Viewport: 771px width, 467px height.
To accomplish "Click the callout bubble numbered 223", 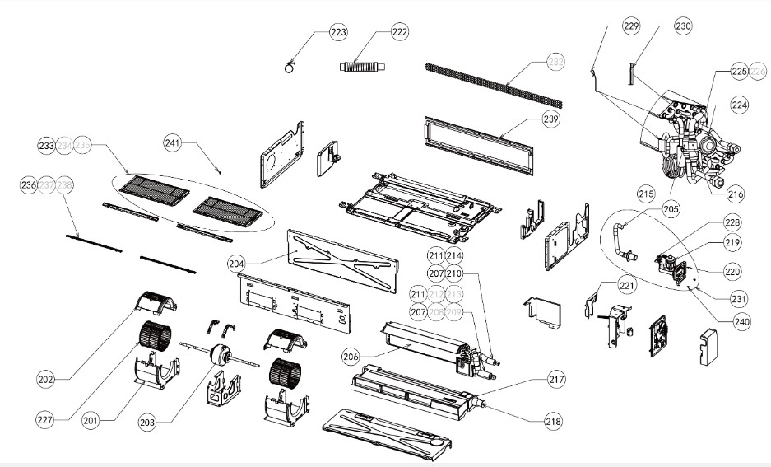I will [x=337, y=32].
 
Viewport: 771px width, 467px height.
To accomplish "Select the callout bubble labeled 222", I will [x=399, y=32].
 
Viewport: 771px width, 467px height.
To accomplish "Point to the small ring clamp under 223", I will [x=290, y=68].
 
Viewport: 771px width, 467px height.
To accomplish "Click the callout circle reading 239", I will [x=550, y=120].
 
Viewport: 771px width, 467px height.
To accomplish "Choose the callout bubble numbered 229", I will [x=631, y=26].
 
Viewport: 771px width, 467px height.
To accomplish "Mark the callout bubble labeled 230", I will [x=683, y=26].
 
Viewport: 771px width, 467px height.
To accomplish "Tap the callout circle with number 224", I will [x=740, y=105].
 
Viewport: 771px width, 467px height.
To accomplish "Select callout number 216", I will [x=735, y=194].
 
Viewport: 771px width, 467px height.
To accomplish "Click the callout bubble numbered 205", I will [x=671, y=210].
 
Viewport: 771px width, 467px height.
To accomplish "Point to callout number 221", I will [x=628, y=285].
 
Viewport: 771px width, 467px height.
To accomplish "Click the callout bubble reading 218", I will [x=553, y=421].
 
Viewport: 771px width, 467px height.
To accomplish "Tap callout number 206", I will [x=351, y=356].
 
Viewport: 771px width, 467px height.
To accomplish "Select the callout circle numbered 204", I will [x=238, y=264].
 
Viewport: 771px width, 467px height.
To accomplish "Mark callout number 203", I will [x=146, y=423].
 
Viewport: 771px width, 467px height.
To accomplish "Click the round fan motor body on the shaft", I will [x=220, y=355].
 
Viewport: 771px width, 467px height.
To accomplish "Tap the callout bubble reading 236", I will [x=29, y=186].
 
